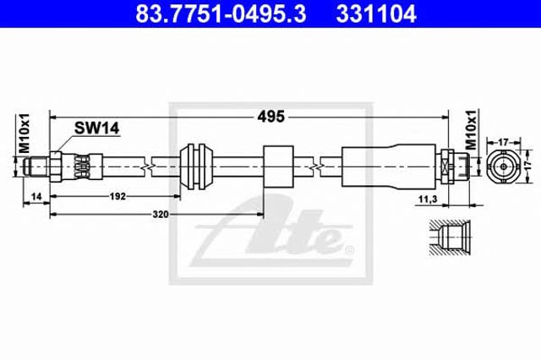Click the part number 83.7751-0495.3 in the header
pos(221,14)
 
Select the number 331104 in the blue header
pos(376,14)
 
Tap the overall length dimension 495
pos(271,117)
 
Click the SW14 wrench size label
pos(97,128)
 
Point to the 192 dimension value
pos(117,196)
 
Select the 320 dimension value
pos(161,215)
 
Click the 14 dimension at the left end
pos(36,197)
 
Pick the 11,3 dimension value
pos(428,199)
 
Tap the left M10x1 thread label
pos(25,134)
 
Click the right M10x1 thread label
pos(472,130)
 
